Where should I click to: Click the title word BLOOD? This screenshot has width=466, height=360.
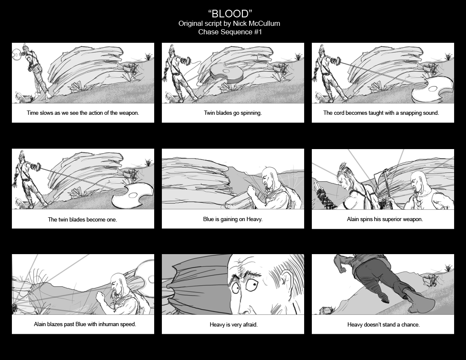click(230, 14)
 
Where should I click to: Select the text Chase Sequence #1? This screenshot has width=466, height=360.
click(230, 32)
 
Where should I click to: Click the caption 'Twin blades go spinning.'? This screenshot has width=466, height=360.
click(233, 113)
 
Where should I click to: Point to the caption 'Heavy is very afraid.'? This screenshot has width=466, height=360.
click(233, 325)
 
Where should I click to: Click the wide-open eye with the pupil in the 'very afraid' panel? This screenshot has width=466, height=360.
click(253, 285)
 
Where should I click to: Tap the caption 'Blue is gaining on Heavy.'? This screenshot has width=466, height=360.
click(233, 219)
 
